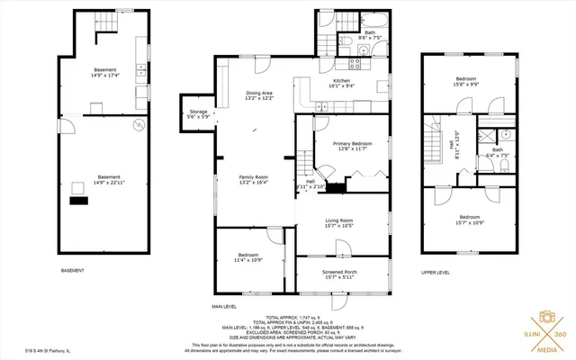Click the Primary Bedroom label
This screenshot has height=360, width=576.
tap(352, 147)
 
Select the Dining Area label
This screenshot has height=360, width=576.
tap(260, 96)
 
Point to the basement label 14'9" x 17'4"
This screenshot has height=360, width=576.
tap(106, 73)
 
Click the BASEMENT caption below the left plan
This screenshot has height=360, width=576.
tap(72, 271)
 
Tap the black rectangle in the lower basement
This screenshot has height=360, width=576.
tap(80, 201)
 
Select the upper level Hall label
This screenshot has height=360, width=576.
tap(455, 144)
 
